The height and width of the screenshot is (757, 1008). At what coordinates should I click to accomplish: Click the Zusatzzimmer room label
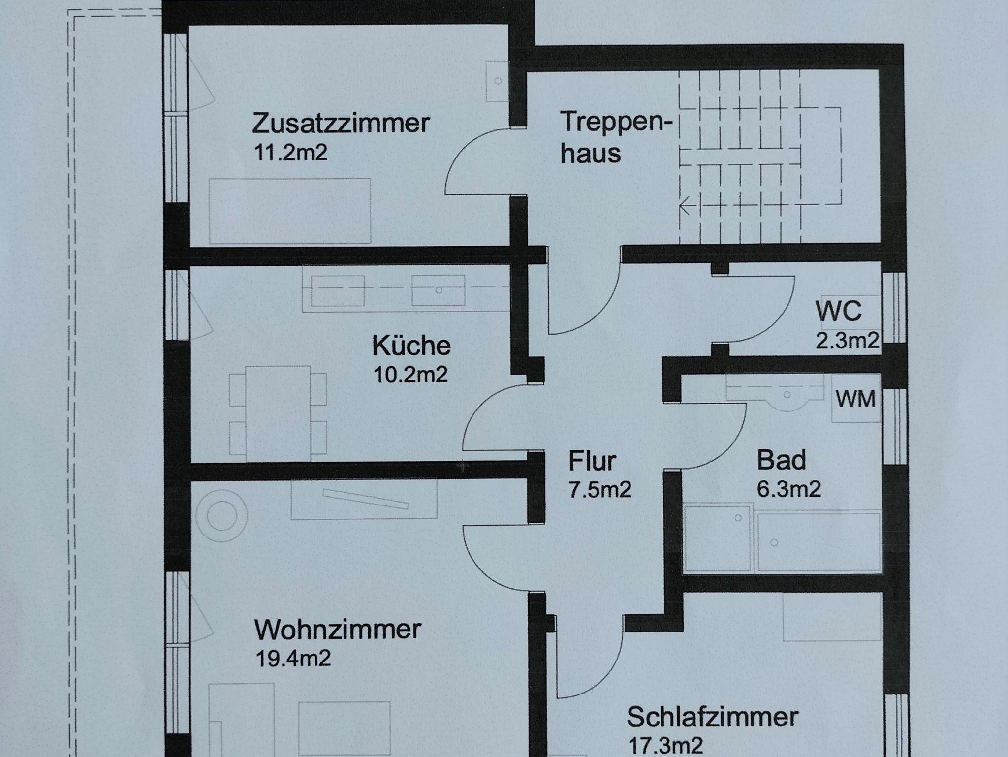pos(341,123)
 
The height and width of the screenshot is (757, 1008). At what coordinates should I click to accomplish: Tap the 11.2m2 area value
pos(290,153)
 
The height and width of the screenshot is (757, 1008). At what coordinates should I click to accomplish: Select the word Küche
pos(411,346)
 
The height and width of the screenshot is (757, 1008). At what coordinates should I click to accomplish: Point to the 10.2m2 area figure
pos(410,375)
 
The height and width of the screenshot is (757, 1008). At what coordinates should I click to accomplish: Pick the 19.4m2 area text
pos(293,658)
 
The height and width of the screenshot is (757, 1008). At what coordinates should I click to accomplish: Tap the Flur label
pos(592,461)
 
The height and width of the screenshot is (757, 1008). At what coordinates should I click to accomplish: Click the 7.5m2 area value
pos(600,490)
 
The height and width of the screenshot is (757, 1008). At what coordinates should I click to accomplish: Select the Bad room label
pos(781,460)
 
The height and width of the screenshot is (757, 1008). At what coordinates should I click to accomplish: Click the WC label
pos(838,311)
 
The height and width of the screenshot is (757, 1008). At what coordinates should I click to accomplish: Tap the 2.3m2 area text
pos(847,340)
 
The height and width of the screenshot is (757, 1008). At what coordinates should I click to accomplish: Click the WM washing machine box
pos(856,399)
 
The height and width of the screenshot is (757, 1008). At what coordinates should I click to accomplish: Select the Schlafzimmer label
pos(712,717)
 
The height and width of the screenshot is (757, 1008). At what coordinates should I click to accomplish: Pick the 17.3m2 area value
pos(666,746)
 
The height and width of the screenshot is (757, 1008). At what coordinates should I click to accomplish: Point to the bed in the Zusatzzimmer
pos(289,211)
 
